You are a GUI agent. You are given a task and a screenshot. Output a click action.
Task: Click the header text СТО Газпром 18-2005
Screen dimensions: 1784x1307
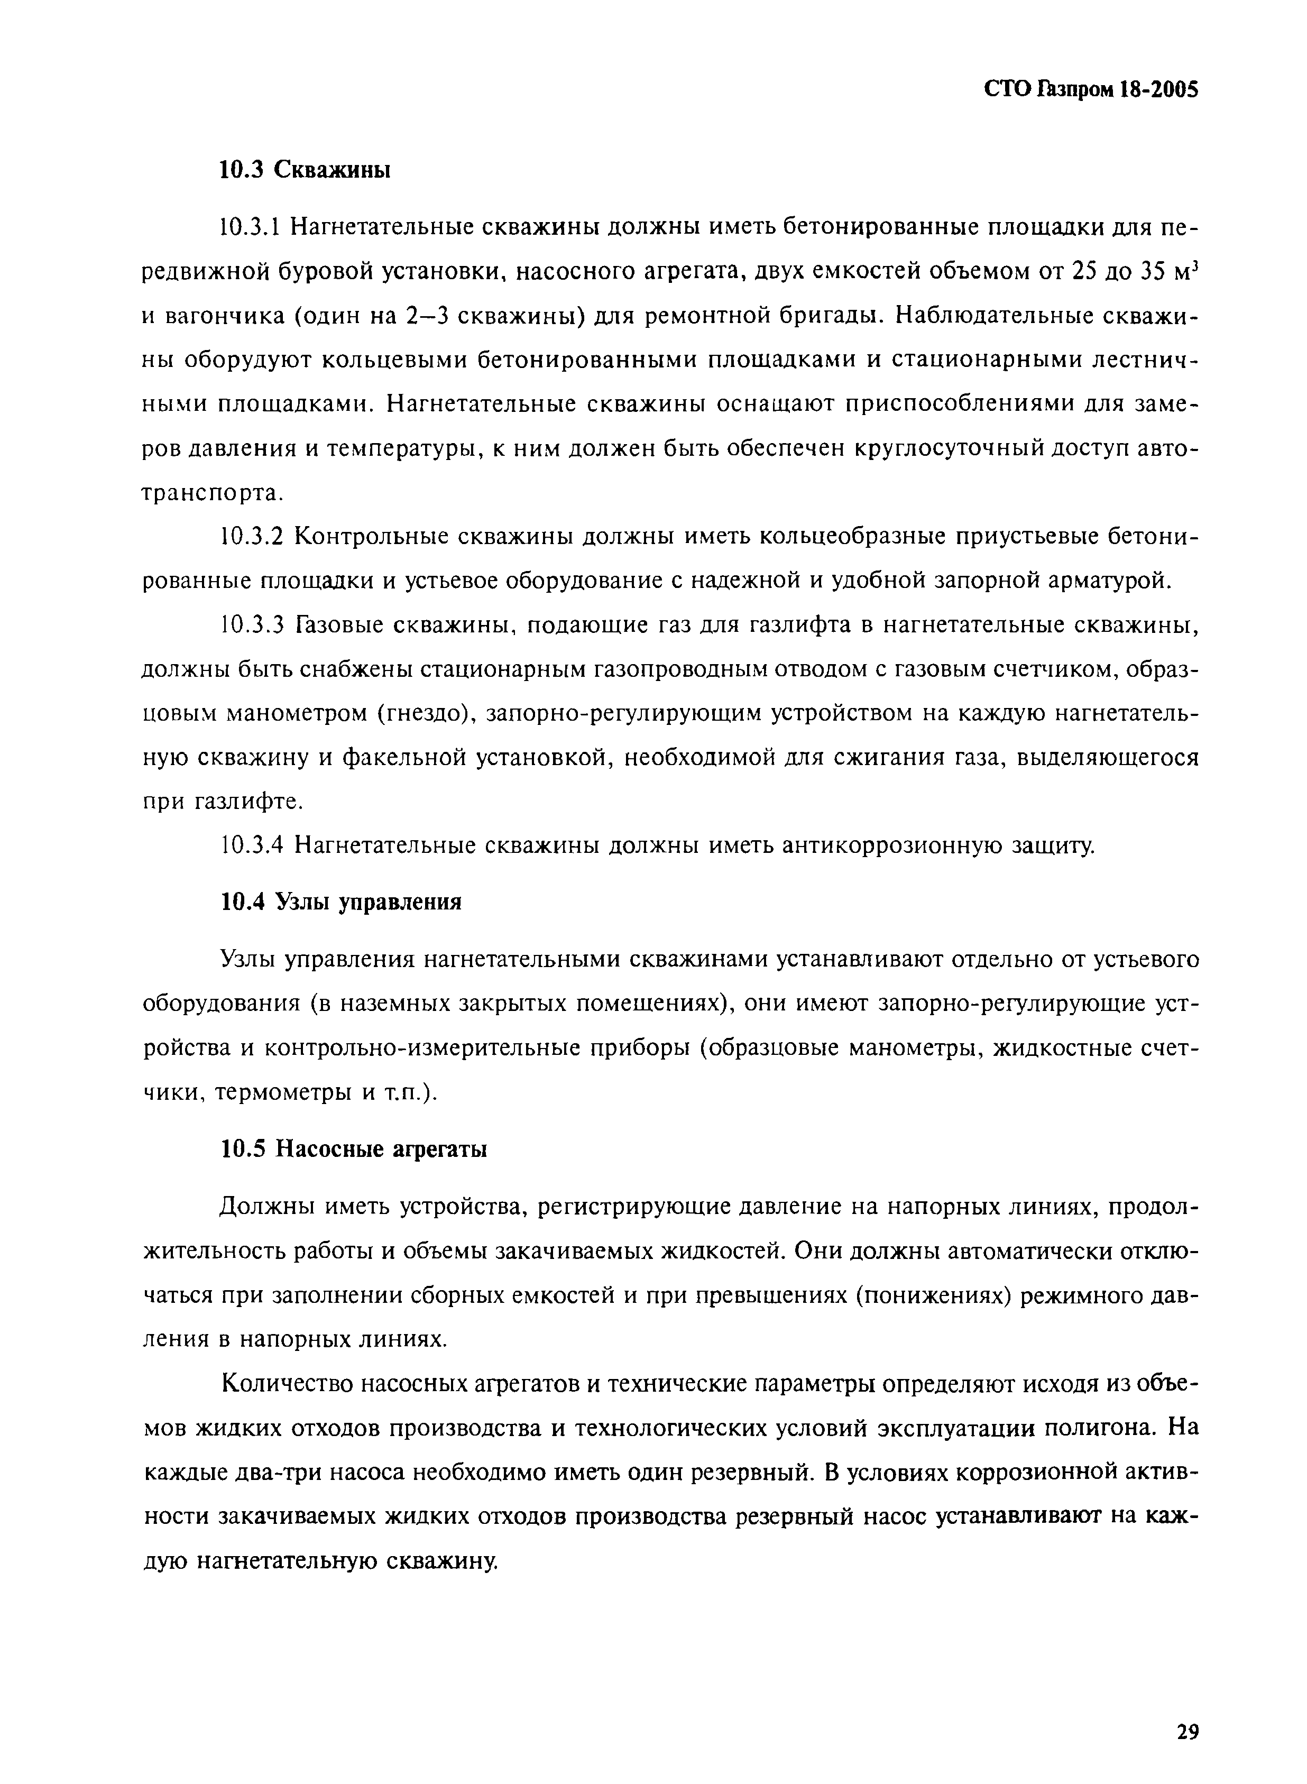click(1091, 89)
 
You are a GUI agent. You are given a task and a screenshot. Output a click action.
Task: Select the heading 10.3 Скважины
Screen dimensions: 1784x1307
click(305, 169)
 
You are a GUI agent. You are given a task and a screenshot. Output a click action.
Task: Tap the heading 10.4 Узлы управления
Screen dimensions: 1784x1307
click(340, 902)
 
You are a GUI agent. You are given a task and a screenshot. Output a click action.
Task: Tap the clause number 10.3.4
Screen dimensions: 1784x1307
click(251, 845)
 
